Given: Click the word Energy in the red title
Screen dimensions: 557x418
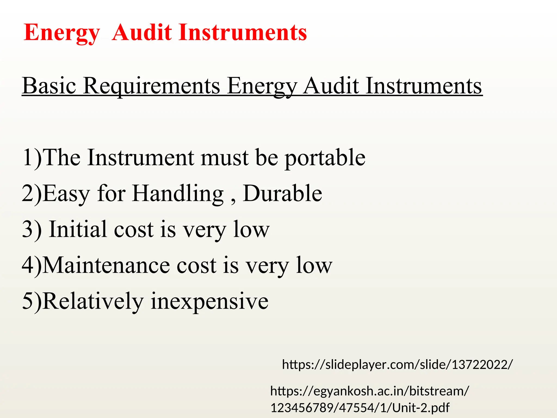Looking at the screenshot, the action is pos(62,33).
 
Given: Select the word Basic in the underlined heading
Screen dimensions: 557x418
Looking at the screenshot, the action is pos(49,85).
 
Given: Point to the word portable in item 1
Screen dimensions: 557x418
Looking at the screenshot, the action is pos(325,158).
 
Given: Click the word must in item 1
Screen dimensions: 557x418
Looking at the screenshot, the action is pos(224,158).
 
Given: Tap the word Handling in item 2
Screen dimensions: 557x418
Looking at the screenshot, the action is pos(178,194).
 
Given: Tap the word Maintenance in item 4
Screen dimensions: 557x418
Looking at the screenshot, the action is pos(106,265).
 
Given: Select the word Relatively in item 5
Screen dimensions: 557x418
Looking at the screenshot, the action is pos(93,301).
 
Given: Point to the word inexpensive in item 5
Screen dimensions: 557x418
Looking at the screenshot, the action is pos(209,302).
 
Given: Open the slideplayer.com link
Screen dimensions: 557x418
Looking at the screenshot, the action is pos(397,364).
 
